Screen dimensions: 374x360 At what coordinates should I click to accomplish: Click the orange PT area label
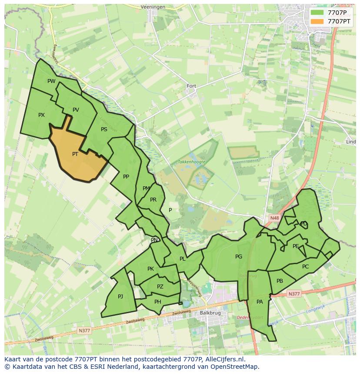(x=75, y=154)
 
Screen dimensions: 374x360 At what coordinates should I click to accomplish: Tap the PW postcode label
(x=51, y=81)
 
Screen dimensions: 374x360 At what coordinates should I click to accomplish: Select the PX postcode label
(x=41, y=115)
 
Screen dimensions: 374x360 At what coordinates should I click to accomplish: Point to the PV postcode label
(x=76, y=110)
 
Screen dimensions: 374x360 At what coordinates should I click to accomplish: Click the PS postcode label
(x=104, y=129)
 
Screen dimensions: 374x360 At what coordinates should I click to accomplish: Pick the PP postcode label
(x=126, y=177)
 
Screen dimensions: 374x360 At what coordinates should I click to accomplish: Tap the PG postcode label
(x=239, y=257)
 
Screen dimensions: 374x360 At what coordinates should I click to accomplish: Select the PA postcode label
(x=260, y=302)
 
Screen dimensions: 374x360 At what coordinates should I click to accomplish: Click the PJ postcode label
(x=120, y=297)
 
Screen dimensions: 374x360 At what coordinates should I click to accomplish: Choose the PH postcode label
(x=158, y=302)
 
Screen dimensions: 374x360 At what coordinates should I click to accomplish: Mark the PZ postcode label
(x=160, y=287)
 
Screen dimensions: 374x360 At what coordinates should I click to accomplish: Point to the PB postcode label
(x=280, y=281)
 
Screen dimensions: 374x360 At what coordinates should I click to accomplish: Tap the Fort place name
(x=191, y=86)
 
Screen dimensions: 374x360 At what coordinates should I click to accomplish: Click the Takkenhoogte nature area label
(x=191, y=162)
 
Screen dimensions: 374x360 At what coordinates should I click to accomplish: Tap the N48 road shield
(x=274, y=218)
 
